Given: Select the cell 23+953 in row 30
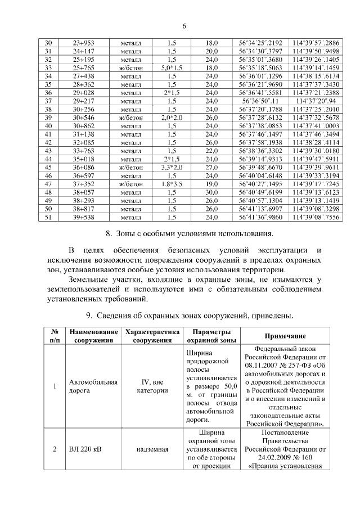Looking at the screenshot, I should click(84, 43).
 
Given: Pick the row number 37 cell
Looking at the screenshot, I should click(48, 100).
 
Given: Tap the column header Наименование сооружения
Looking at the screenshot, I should click(94, 336).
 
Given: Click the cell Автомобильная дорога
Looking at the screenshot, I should click(93, 386).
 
